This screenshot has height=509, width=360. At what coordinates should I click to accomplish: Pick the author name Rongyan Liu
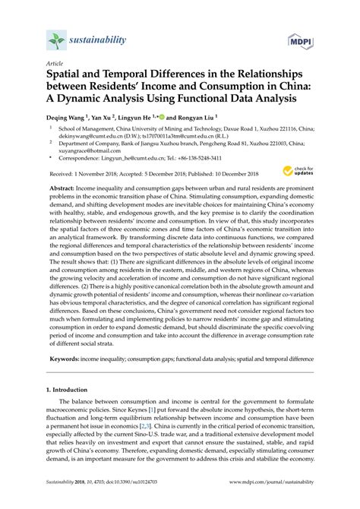pos(192,119)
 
